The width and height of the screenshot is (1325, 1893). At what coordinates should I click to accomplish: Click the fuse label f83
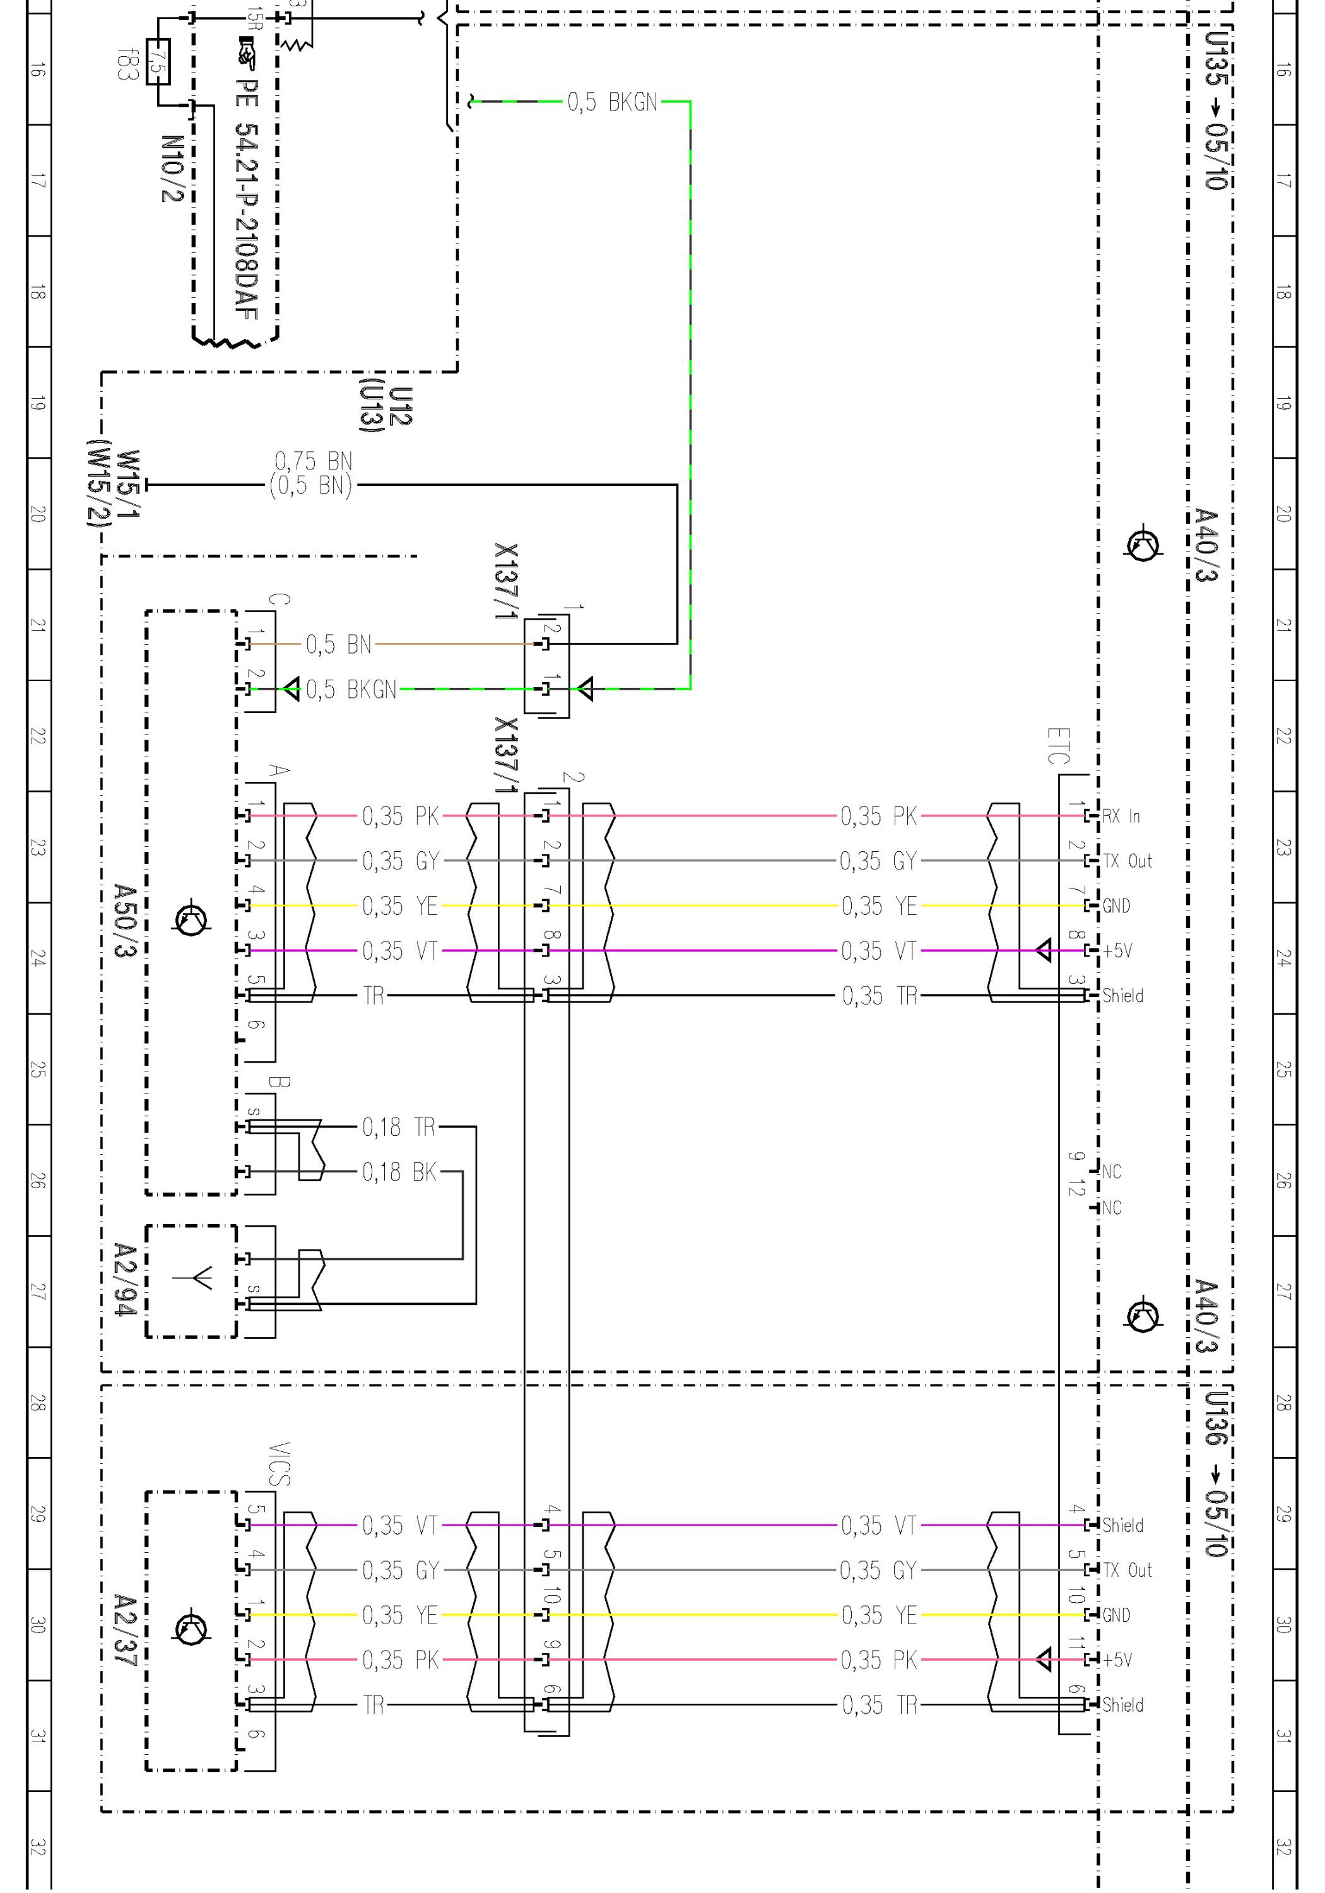pos(126,64)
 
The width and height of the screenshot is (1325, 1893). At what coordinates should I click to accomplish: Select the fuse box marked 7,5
pos(158,62)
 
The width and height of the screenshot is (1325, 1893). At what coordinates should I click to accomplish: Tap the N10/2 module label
pos(172,168)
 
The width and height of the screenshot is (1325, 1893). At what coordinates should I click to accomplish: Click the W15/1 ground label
pos(129,484)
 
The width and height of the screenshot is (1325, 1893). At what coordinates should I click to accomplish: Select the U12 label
pos(400,406)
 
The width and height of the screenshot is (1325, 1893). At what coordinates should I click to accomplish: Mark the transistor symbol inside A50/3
pos(191,920)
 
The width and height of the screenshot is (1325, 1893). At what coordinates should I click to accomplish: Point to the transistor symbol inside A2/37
pos(191,1627)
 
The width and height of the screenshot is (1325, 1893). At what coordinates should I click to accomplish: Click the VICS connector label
pos(280,1463)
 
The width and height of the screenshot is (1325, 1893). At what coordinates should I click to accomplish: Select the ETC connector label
pos(1058,745)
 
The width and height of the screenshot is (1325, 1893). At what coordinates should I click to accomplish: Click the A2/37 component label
pos(124,1629)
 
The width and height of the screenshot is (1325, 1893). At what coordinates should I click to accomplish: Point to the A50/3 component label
pos(124,921)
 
